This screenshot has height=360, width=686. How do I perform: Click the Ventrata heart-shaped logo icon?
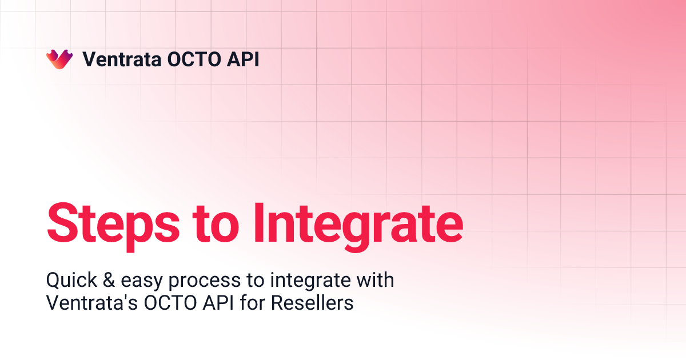pyautogui.click(x=59, y=59)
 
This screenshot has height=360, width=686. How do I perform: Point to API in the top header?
pyautogui.click(x=242, y=59)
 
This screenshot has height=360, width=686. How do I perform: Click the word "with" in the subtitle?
pyautogui.click(x=375, y=281)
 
